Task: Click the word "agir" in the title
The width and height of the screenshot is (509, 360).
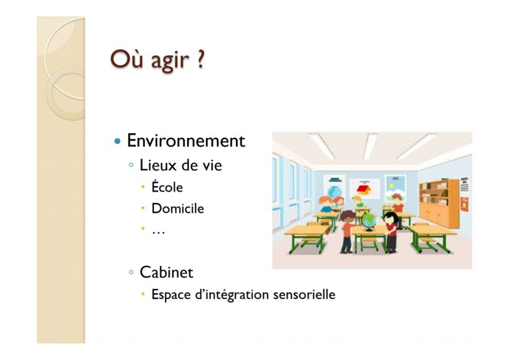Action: point(170,61)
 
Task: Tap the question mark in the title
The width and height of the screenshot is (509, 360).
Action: point(201,59)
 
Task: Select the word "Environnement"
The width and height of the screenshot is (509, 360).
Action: point(186,141)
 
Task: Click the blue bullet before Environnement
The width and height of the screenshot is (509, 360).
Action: point(117,141)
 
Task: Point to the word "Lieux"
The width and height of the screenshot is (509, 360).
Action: point(158,165)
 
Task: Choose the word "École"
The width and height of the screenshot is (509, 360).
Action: point(167,186)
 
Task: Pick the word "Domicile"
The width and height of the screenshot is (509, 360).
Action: point(178,208)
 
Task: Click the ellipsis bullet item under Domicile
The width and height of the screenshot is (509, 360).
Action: point(158,232)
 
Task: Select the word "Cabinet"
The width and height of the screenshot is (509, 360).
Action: point(166,272)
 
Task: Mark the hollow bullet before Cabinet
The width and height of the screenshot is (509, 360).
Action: point(131,272)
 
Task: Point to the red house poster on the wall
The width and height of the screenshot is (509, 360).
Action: point(365,188)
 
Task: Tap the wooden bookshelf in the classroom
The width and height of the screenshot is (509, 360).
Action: point(439,204)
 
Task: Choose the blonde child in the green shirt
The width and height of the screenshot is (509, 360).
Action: point(358,202)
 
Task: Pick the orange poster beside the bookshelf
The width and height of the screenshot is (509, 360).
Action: point(465,204)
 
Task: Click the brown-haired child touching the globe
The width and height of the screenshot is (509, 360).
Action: point(348,231)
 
